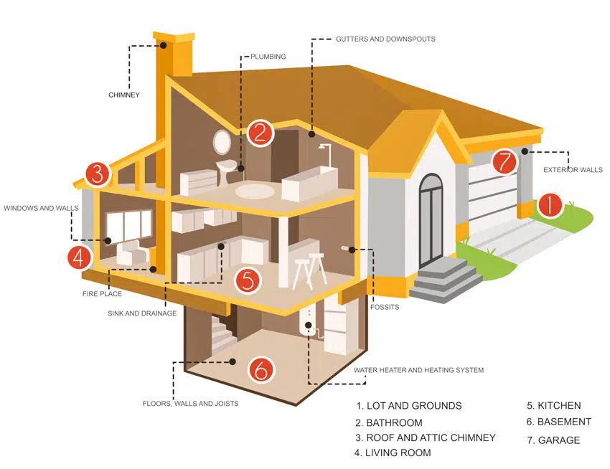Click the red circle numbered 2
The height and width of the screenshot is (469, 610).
(x=261, y=133)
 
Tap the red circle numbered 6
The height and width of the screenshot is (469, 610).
(x=261, y=369)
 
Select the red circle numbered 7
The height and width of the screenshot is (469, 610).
(x=505, y=161)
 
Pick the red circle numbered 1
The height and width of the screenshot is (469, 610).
(x=550, y=205)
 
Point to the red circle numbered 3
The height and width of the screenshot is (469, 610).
(x=98, y=174)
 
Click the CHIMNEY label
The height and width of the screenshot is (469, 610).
(x=124, y=95)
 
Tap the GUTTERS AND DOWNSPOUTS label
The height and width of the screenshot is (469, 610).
(x=385, y=39)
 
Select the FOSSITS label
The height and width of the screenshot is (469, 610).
(x=385, y=307)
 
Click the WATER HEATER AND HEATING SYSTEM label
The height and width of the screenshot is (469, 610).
(x=418, y=370)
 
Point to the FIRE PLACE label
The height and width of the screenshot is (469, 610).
(x=102, y=293)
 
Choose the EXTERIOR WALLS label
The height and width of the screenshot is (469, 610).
(x=573, y=170)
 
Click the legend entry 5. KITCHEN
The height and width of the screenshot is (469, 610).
(x=553, y=406)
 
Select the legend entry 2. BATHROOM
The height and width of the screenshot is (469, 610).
(x=389, y=422)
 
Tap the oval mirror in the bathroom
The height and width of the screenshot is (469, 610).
(x=222, y=141)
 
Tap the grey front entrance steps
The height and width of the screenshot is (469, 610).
(x=446, y=278)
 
